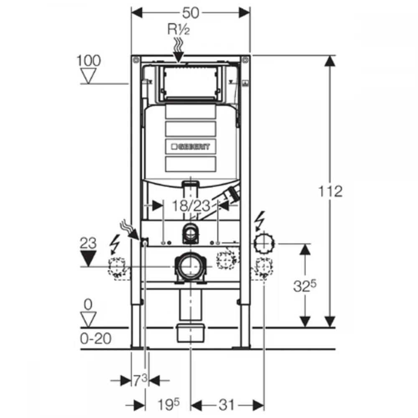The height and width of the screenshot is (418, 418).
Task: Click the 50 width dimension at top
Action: (191, 13)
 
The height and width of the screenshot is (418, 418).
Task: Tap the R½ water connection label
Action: (178, 29)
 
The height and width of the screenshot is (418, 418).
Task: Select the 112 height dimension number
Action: (330, 191)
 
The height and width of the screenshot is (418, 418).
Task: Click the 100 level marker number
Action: (89, 61)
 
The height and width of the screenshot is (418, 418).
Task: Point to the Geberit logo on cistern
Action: (191, 146)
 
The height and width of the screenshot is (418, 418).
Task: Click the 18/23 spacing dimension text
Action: (191, 206)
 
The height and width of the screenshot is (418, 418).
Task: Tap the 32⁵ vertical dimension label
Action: (304, 286)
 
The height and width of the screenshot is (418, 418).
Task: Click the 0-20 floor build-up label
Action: (95, 339)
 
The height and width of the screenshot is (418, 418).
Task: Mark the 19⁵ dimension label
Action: (168, 405)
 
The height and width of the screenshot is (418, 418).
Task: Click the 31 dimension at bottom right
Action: (226, 405)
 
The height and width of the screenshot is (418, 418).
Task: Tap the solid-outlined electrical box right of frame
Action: (264, 243)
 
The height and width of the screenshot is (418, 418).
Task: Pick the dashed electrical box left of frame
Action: (117, 267)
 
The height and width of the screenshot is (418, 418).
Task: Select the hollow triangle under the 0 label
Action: (88, 319)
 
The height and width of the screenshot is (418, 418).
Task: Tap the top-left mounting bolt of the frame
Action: (136, 60)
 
